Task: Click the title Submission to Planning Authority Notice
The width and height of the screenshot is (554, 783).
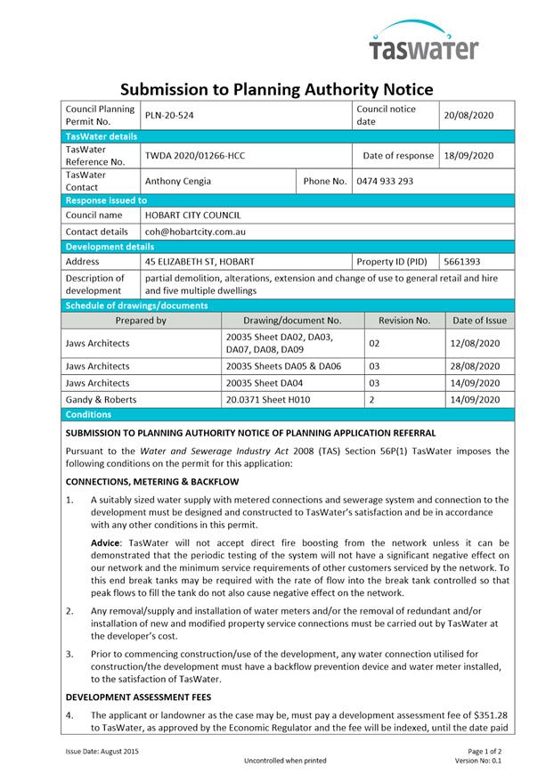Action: [x=276, y=89]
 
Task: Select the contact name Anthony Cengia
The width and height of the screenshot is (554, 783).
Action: [x=178, y=181]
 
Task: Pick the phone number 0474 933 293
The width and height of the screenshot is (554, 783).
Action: [x=385, y=181]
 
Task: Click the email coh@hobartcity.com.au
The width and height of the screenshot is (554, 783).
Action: [x=195, y=232]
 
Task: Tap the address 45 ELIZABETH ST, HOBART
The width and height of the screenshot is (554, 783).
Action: [x=200, y=262]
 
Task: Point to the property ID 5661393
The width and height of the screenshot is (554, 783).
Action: [x=462, y=262]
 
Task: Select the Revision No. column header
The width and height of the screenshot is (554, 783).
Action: [x=404, y=321]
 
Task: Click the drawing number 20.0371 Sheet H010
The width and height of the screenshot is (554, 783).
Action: [x=268, y=400]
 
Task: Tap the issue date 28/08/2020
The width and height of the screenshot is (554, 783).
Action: [x=477, y=366]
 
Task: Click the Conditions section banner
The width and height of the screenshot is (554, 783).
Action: [x=89, y=414]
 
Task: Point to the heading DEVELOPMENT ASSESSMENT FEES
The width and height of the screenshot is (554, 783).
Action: [x=138, y=697]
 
